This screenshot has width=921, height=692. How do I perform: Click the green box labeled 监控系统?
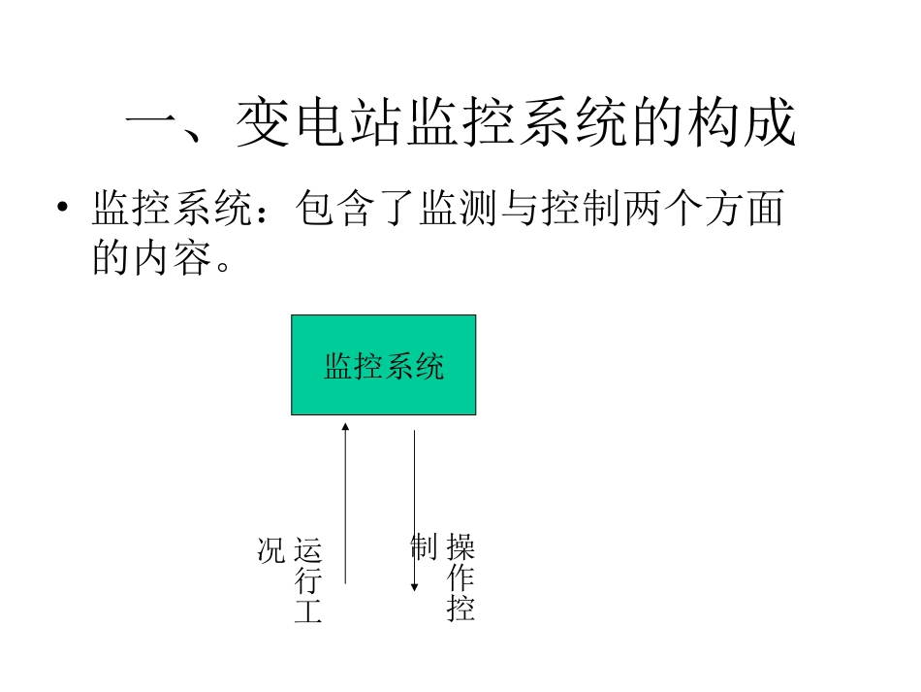(x=383, y=365)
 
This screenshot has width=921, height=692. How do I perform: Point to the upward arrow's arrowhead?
(x=345, y=426)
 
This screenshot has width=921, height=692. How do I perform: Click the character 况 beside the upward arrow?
(x=270, y=549)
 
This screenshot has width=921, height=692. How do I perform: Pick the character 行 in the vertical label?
(x=307, y=582)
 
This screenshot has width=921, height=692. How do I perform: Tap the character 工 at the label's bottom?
(x=307, y=611)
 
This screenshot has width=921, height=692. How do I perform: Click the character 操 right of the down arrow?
(x=460, y=548)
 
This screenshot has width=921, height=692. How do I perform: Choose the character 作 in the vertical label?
(x=460, y=579)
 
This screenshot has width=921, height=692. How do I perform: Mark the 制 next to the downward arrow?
(x=424, y=547)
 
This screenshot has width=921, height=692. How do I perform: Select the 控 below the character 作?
(x=460, y=610)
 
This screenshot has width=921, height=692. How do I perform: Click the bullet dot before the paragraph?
(x=64, y=211)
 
